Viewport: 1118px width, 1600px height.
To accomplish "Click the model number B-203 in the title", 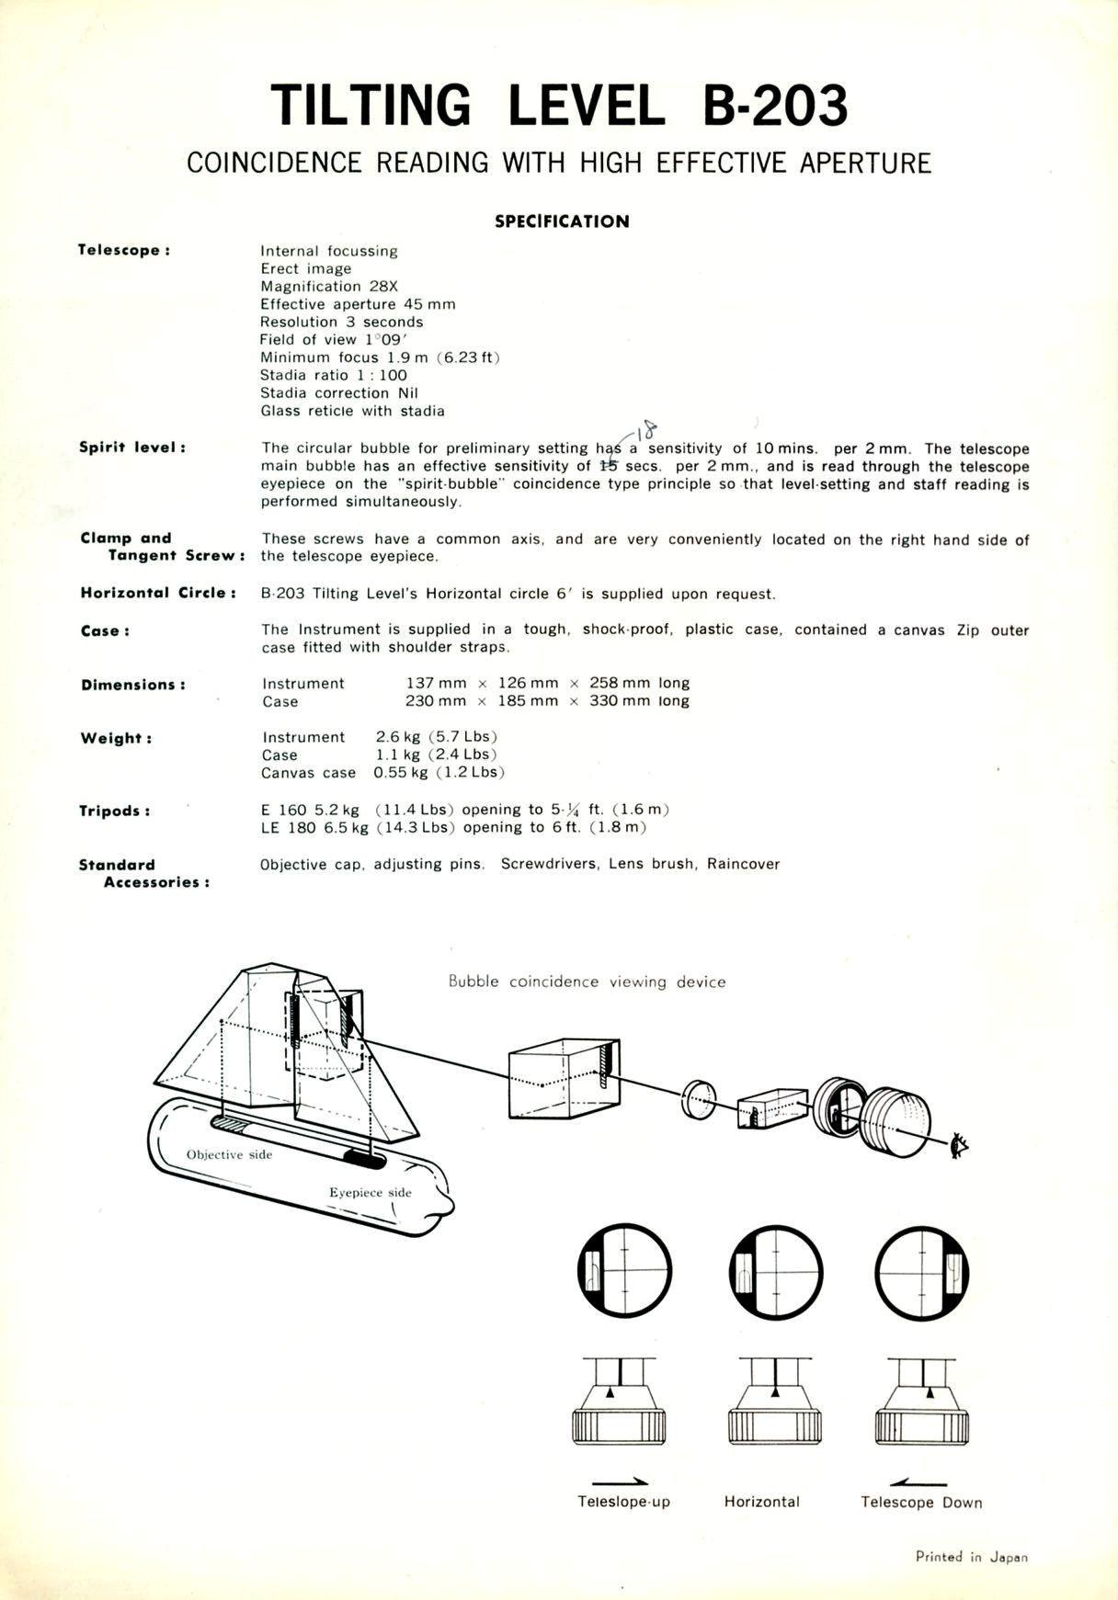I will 775,106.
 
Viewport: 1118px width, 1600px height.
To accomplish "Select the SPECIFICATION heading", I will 562,221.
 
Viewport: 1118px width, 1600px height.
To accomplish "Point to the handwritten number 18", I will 648,429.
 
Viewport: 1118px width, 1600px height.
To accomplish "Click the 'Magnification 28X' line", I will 328,286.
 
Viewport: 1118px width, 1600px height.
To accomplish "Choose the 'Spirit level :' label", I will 132,448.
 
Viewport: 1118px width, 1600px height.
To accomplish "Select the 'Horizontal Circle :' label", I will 158,593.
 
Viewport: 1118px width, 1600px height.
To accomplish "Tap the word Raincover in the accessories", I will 743,864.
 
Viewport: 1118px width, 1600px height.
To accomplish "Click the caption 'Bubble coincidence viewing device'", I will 587,982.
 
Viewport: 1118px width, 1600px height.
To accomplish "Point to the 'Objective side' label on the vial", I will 229,1154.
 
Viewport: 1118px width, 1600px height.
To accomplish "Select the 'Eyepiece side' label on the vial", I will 371,1192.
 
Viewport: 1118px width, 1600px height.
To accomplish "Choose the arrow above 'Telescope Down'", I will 918,1481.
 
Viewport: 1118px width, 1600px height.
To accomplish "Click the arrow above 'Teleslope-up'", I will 620,1481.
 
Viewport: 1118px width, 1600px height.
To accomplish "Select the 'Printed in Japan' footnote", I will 971,1557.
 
